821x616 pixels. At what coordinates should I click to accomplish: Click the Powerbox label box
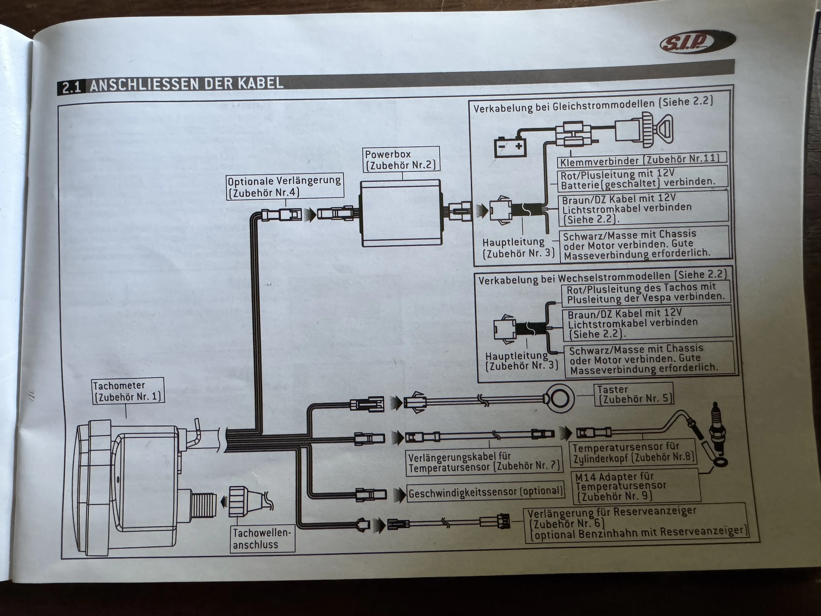[x=401, y=159]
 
